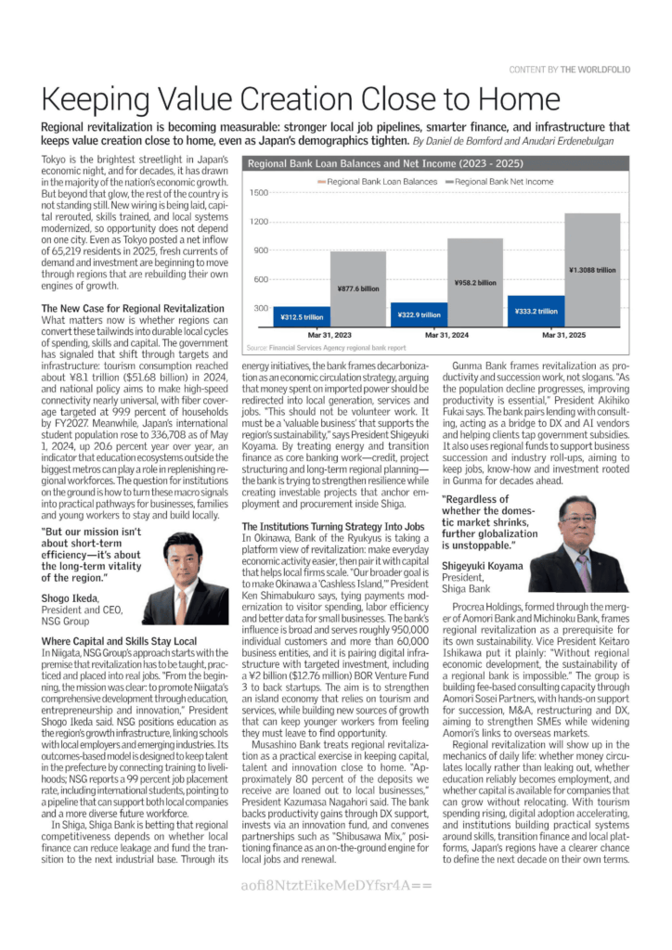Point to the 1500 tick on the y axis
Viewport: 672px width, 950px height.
click(258, 193)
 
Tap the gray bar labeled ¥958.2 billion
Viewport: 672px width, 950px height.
click(475, 283)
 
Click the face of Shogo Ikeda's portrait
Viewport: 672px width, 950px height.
click(183, 553)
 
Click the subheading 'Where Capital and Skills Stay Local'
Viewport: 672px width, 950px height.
click(119, 640)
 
